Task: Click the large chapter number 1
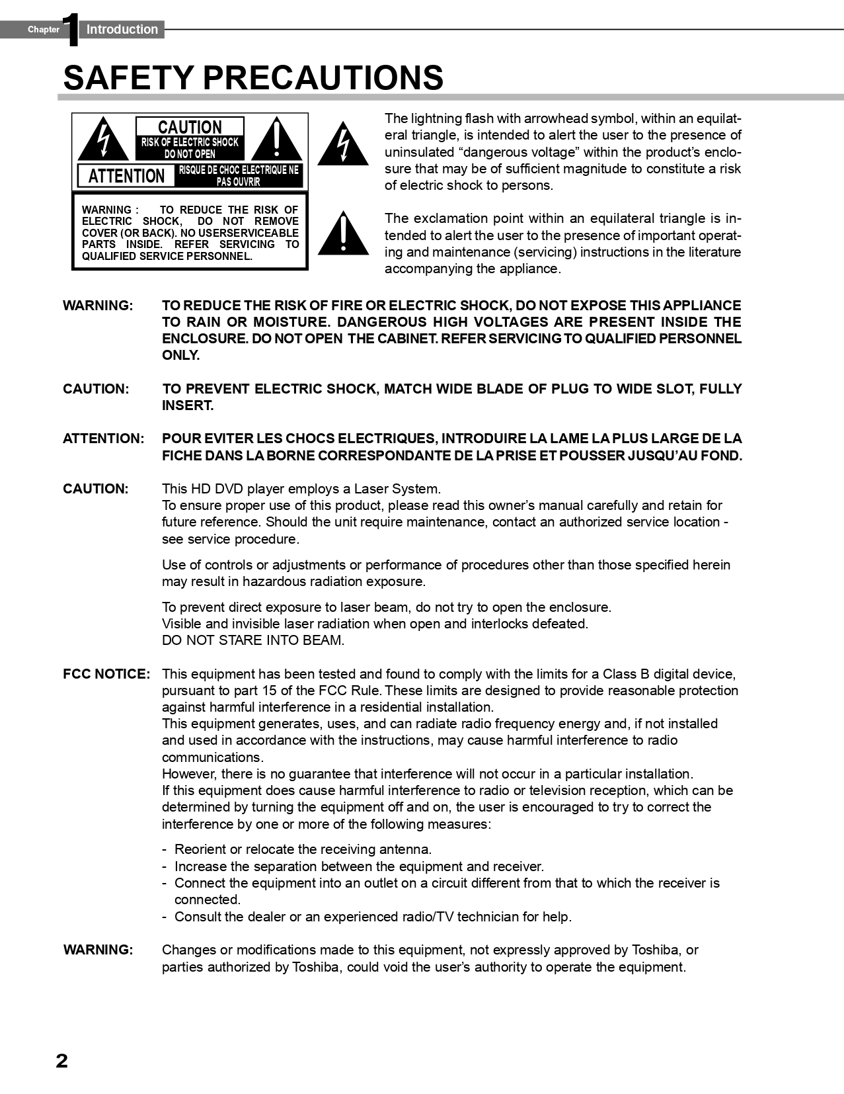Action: [71, 30]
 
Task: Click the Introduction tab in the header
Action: [122, 29]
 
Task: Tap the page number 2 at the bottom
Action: [61, 1061]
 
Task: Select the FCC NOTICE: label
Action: [106, 674]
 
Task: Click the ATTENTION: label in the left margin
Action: [103, 439]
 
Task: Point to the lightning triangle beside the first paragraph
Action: [343, 144]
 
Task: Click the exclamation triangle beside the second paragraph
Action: [343, 233]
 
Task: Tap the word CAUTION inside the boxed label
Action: [190, 127]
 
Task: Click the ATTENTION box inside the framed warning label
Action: [126, 176]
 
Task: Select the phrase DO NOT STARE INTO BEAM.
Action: [253, 640]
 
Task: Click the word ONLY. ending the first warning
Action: [180, 355]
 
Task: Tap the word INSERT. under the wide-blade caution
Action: [188, 405]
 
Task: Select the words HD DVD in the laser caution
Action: [216, 489]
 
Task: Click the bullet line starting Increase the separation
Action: [359, 866]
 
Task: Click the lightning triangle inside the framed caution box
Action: [103, 140]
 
